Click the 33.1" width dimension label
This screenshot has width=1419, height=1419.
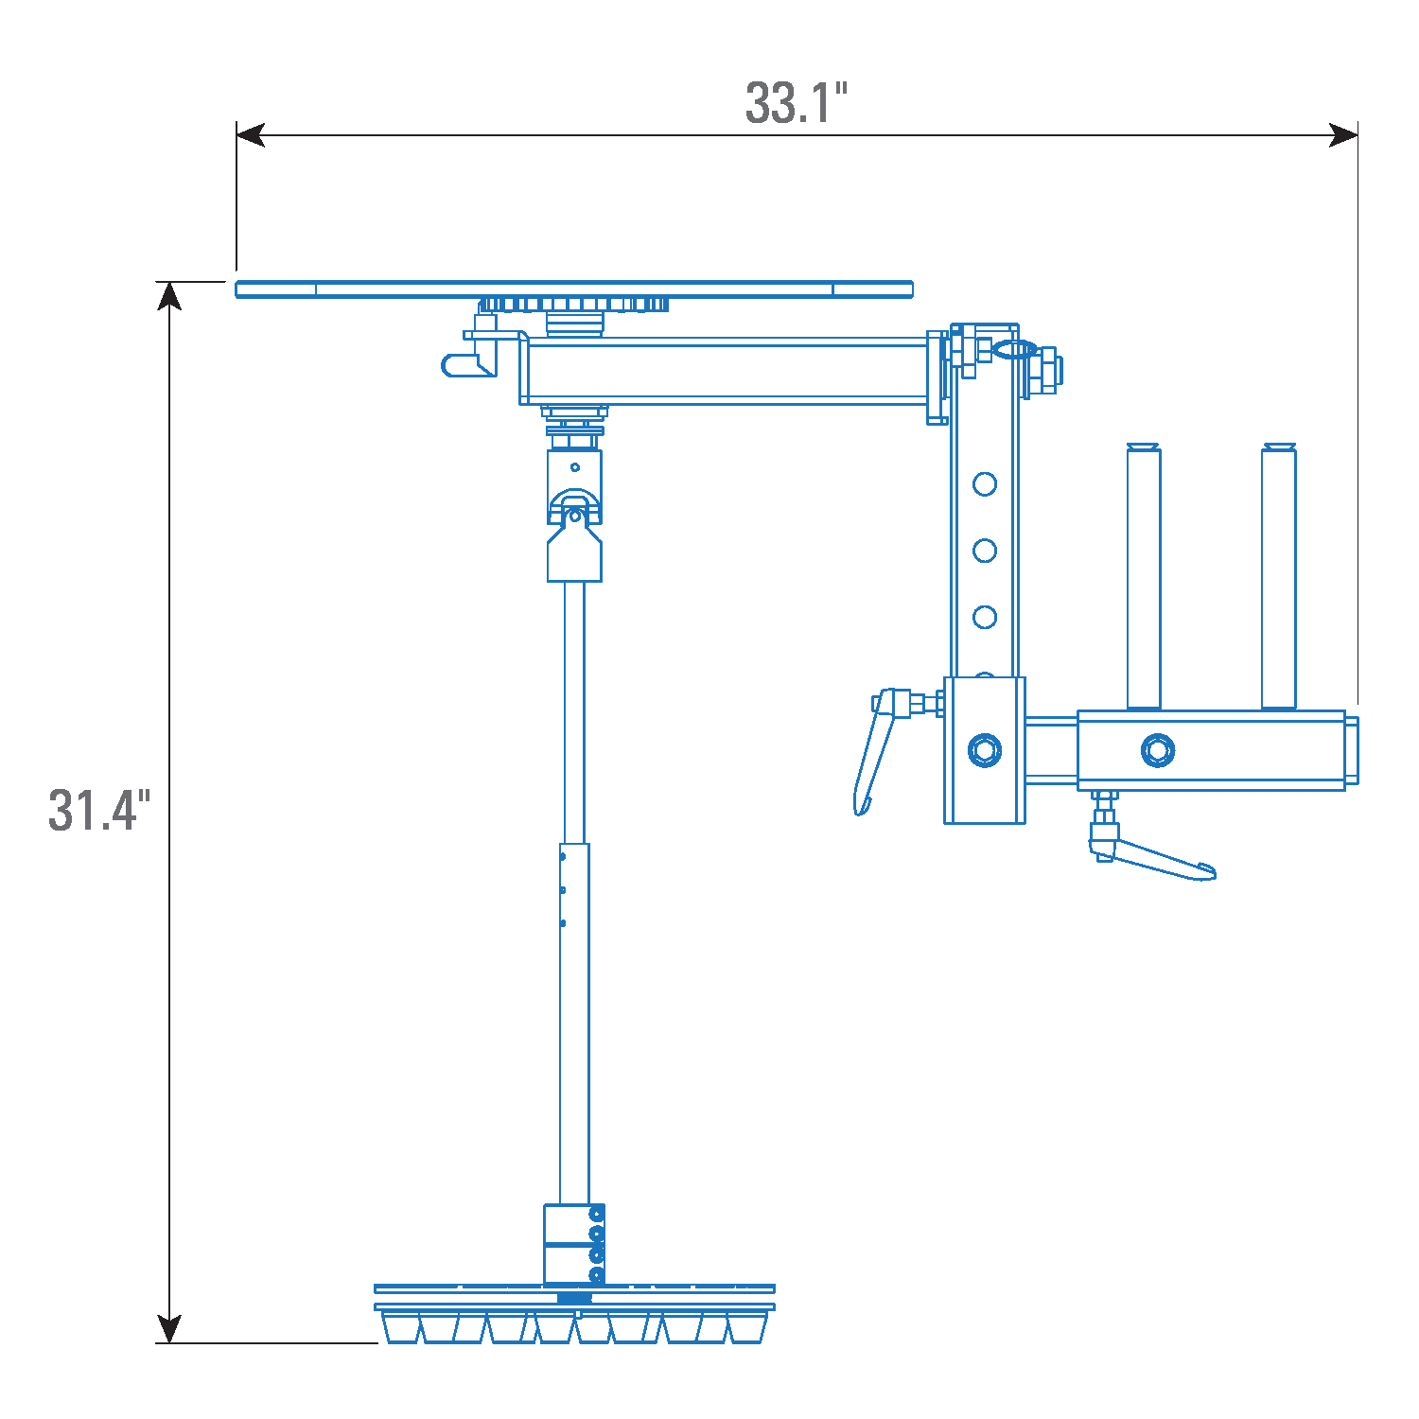coord(796,103)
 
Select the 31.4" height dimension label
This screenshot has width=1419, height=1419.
coord(99,811)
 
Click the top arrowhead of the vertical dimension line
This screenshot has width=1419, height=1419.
coord(169,296)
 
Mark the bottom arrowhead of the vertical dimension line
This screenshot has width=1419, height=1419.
coord(169,1328)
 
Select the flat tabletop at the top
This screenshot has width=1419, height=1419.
coord(573,289)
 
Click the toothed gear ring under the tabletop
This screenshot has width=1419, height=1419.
coord(573,305)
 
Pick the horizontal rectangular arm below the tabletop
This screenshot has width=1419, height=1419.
coord(724,372)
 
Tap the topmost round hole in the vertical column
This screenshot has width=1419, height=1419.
coord(985,484)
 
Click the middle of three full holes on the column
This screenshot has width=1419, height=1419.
coord(985,551)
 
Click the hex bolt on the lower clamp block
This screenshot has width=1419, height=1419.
coord(985,750)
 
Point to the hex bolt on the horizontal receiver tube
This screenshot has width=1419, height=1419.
coord(1157,750)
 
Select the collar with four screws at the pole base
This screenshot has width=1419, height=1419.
coord(574,1244)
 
